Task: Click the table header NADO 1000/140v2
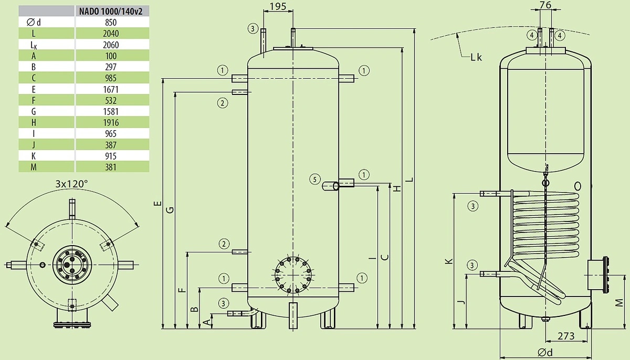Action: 111,11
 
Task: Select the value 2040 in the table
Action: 111,34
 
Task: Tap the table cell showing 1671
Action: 111,89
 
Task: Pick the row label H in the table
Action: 34,122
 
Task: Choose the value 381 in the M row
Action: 111,167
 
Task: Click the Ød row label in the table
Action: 34,22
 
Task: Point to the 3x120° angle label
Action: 71,184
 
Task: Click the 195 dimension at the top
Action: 278,6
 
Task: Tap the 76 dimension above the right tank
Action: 545,5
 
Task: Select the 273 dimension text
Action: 566,336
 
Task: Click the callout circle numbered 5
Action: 314,179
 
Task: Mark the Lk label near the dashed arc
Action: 476,57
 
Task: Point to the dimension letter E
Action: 158,204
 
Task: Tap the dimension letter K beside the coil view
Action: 449,261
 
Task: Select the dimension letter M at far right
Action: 619,303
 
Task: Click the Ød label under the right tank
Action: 545,353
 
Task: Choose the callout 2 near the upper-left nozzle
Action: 223,103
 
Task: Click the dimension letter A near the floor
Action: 207,323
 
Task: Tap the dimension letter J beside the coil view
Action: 461,302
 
